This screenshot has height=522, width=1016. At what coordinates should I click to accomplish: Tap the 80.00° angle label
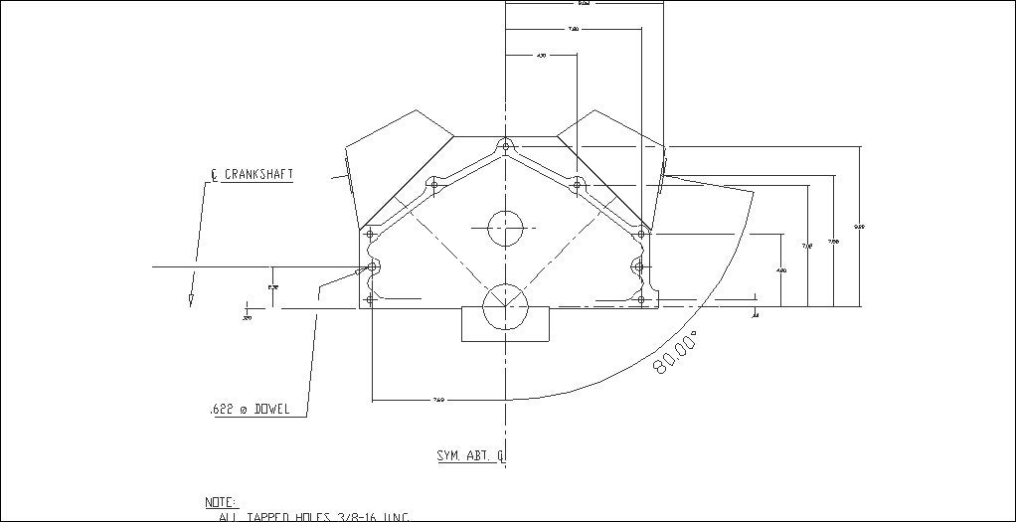[x=675, y=354]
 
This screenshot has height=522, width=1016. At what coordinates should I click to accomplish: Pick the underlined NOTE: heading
[x=221, y=502]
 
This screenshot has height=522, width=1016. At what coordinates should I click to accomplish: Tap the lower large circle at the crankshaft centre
[x=504, y=306]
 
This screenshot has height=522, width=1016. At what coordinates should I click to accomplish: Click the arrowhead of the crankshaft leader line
[x=189, y=299]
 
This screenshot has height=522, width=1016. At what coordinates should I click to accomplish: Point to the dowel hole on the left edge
[x=371, y=267]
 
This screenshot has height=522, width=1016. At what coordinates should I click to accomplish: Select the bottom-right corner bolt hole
[x=641, y=299]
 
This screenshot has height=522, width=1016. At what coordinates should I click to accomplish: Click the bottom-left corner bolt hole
[x=371, y=299]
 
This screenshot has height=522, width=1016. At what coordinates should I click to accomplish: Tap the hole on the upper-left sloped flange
[x=433, y=183]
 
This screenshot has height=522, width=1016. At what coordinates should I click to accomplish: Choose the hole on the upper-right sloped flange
[x=577, y=183]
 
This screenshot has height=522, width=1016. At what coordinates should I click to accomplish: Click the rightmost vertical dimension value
[x=860, y=228]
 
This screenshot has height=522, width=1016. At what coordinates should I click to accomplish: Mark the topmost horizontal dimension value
[x=582, y=3]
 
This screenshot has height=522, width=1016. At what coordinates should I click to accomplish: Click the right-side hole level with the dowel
[x=641, y=266]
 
